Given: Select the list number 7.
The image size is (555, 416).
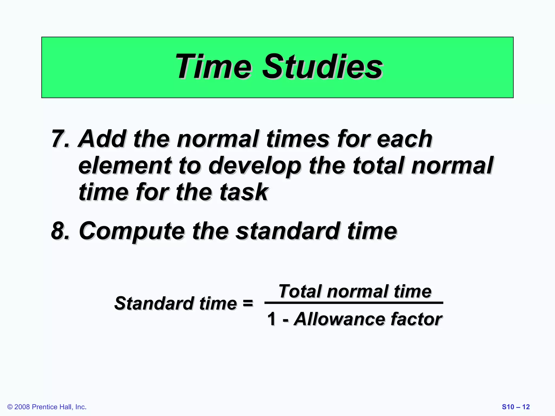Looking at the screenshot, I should [58, 139].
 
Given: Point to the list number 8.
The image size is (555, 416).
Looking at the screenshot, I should [58, 231].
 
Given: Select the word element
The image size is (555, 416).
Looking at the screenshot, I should [125, 166].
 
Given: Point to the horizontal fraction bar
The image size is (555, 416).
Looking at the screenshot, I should [354, 303].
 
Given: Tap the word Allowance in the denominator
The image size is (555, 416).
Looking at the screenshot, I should [339, 319].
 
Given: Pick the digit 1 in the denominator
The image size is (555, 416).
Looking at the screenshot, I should [272, 319].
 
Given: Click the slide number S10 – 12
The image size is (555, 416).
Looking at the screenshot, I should [516, 407].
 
